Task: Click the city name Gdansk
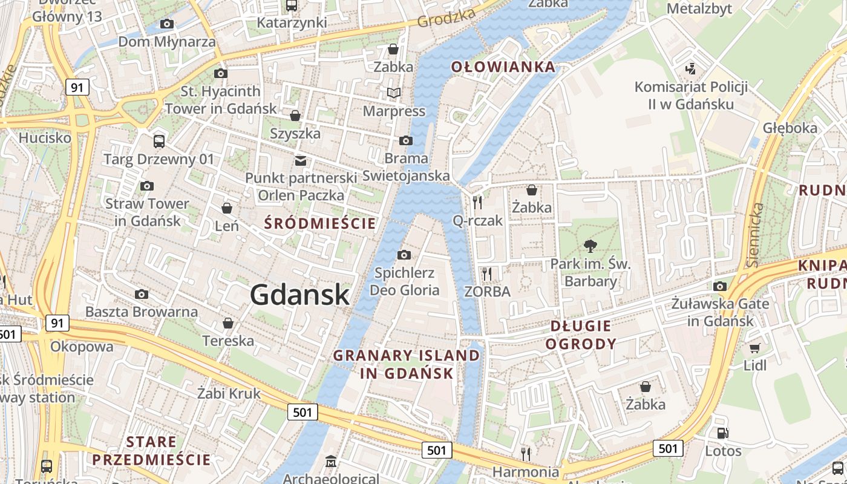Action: pos(299,295)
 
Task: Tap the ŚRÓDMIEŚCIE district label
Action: pos(320,224)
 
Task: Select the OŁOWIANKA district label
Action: pos(503,67)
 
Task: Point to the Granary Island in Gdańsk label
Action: pos(407,364)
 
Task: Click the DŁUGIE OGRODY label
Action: pos(581,335)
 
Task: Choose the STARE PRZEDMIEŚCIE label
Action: pos(151,451)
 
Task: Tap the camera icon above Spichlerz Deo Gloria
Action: pos(404,255)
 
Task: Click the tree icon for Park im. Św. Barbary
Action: pos(590,246)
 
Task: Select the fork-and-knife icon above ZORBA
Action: pos(487,273)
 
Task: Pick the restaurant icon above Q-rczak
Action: pos(478,202)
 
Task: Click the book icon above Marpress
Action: pos(394,93)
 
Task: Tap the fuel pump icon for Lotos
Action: pos(722,433)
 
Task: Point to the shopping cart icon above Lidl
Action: pos(754,348)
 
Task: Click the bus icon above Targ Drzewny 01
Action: pos(159,142)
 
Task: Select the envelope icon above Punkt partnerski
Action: pos(301,160)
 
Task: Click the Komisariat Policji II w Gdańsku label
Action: pos(691,95)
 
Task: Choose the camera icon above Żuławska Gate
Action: pos(719,286)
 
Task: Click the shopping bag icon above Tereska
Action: pos(228,323)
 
